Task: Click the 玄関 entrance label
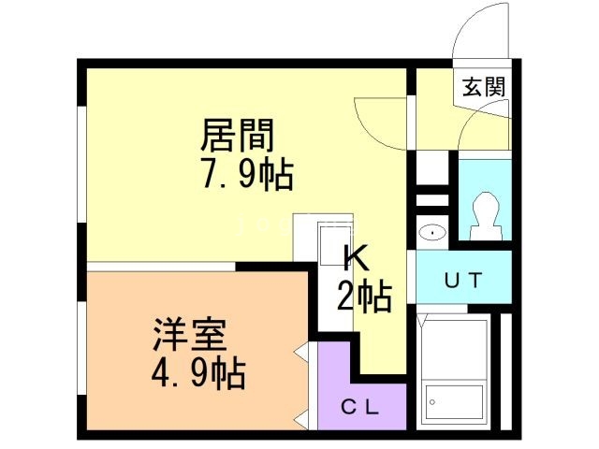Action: [x=484, y=87]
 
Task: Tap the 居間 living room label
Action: [x=237, y=137]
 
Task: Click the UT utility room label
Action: [x=463, y=280]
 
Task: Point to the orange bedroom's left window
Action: [x=83, y=355]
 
